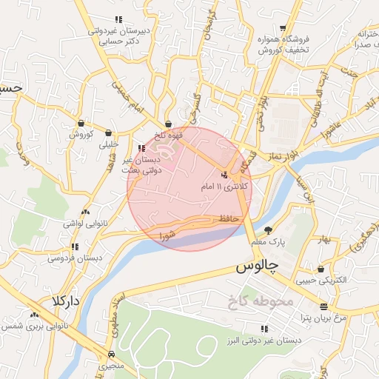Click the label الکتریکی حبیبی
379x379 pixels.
click(x=320, y=281)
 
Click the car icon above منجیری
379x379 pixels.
click(x=110, y=354)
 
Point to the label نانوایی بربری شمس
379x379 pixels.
click(x=36, y=326)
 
